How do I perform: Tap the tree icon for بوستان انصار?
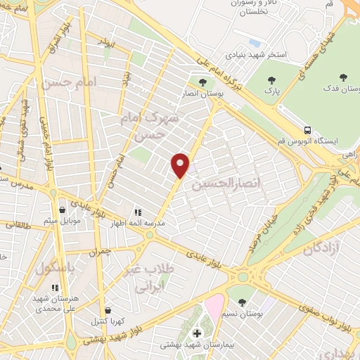click(202, 83)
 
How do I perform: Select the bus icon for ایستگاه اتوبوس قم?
click(307, 130)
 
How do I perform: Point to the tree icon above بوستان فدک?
click(343, 77)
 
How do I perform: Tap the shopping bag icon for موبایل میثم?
click(63, 210)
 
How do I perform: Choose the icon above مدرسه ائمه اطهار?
click(138, 211)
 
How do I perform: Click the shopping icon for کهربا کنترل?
click(108, 309)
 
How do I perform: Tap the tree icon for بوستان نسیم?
click(243, 302)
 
